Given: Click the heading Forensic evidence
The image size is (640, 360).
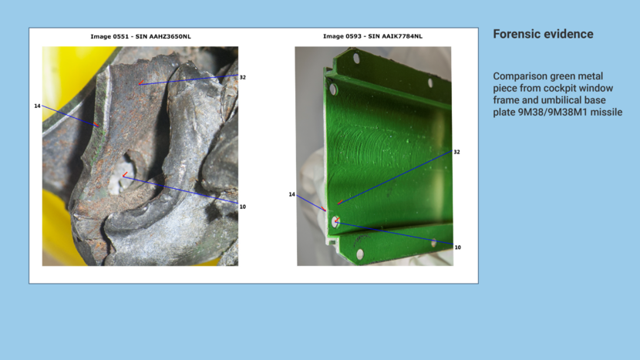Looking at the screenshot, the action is coord(543,34).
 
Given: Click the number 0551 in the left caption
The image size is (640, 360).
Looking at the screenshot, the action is coord(121,36).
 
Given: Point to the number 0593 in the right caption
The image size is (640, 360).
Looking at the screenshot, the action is coord(353,36).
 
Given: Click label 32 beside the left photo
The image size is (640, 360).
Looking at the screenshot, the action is coord(242,78).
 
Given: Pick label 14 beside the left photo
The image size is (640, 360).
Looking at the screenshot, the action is coord(37,106).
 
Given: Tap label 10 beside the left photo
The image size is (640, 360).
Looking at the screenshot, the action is coord(242,207).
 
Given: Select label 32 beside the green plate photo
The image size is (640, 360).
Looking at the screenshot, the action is coord(456,152).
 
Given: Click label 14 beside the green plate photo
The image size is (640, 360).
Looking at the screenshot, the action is coord(291,195).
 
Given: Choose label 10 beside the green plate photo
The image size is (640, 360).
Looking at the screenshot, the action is coord(457,247).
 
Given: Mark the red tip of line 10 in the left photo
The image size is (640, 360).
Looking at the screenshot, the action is coord(124,176).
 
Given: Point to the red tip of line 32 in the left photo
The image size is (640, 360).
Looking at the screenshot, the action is coord(140,83).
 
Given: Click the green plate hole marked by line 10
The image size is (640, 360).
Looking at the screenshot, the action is coord(335,222).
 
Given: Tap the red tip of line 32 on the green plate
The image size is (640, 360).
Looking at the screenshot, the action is coord(339,203).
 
